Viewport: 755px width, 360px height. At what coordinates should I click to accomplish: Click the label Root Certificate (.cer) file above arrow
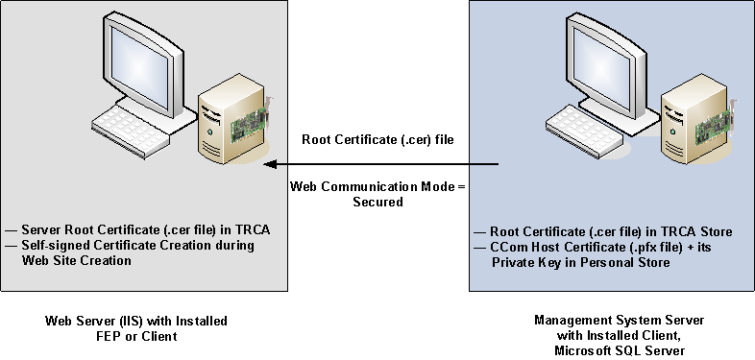377,139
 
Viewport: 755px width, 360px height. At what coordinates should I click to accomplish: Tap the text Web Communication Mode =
378,185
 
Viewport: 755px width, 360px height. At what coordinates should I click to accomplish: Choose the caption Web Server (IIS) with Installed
136,319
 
